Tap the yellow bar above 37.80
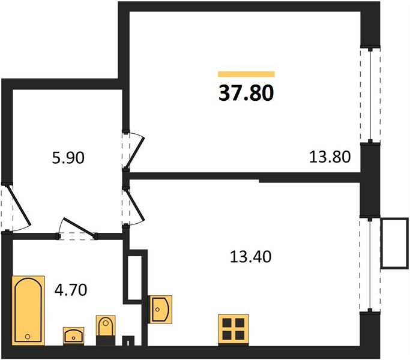pos(246,74)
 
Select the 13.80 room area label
pos(330,158)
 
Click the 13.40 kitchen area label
pos(250,257)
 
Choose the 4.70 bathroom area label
pos(71,290)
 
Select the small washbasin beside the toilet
pos(74,335)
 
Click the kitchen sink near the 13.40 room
pos(160,308)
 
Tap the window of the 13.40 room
pos(370,264)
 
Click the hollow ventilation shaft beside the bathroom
pos(134,278)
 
